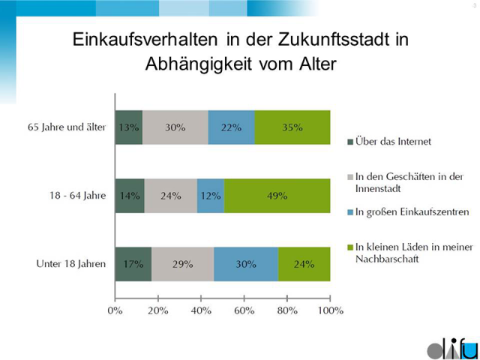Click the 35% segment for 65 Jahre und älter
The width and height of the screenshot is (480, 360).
[x=292, y=127]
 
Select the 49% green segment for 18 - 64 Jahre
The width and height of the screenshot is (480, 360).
[x=277, y=196]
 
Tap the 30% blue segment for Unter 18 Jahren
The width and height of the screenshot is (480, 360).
[x=246, y=264]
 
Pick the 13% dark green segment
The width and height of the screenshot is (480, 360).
[x=128, y=127]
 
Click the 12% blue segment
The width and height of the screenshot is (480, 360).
[x=211, y=196]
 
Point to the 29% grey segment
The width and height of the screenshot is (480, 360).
[x=182, y=264]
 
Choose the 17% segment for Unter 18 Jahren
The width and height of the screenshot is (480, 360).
[x=133, y=264]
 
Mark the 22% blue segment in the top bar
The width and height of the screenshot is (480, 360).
[x=231, y=127]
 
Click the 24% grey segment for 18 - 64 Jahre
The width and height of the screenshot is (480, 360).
[x=170, y=196]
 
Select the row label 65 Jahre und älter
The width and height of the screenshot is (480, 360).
[x=66, y=127]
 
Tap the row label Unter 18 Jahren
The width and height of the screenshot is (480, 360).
[x=70, y=264]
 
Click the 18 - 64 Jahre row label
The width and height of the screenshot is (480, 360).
[x=76, y=196]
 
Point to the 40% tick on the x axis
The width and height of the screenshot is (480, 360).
[x=201, y=309]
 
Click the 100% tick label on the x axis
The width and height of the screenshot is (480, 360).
[x=330, y=309]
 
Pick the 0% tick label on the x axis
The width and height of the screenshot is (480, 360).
[x=115, y=309]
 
